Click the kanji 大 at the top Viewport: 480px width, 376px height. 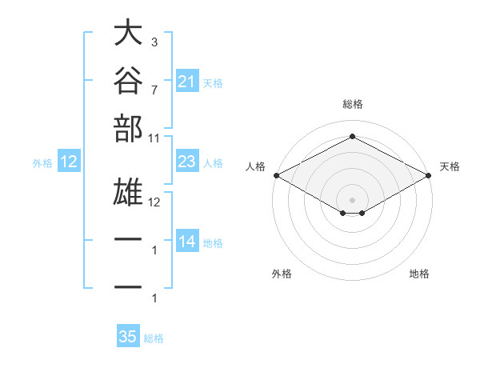point(128,32)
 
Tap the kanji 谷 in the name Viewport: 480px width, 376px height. point(128,80)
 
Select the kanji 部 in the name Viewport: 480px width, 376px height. point(128,129)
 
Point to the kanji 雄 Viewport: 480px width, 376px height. point(128,192)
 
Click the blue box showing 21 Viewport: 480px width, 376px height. point(187,81)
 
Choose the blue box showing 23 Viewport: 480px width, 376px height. point(187,161)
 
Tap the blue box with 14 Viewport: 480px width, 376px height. point(187,240)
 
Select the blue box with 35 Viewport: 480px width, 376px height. point(128,335)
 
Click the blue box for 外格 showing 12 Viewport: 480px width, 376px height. point(69,161)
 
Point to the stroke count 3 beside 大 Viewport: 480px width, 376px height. point(154,42)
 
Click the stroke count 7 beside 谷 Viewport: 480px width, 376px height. point(154,90)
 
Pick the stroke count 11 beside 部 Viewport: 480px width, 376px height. point(154,138)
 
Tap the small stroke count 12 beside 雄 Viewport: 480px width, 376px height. point(154,202)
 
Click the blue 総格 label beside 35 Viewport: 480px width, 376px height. point(154,338)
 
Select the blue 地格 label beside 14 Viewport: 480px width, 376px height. point(213,243)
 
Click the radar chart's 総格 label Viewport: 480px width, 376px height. point(353,104)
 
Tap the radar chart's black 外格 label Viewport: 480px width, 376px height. point(282,274)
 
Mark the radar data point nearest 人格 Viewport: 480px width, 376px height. point(277,175)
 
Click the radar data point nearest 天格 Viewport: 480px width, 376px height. point(429,175)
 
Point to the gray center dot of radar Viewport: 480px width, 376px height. point(352,200)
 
